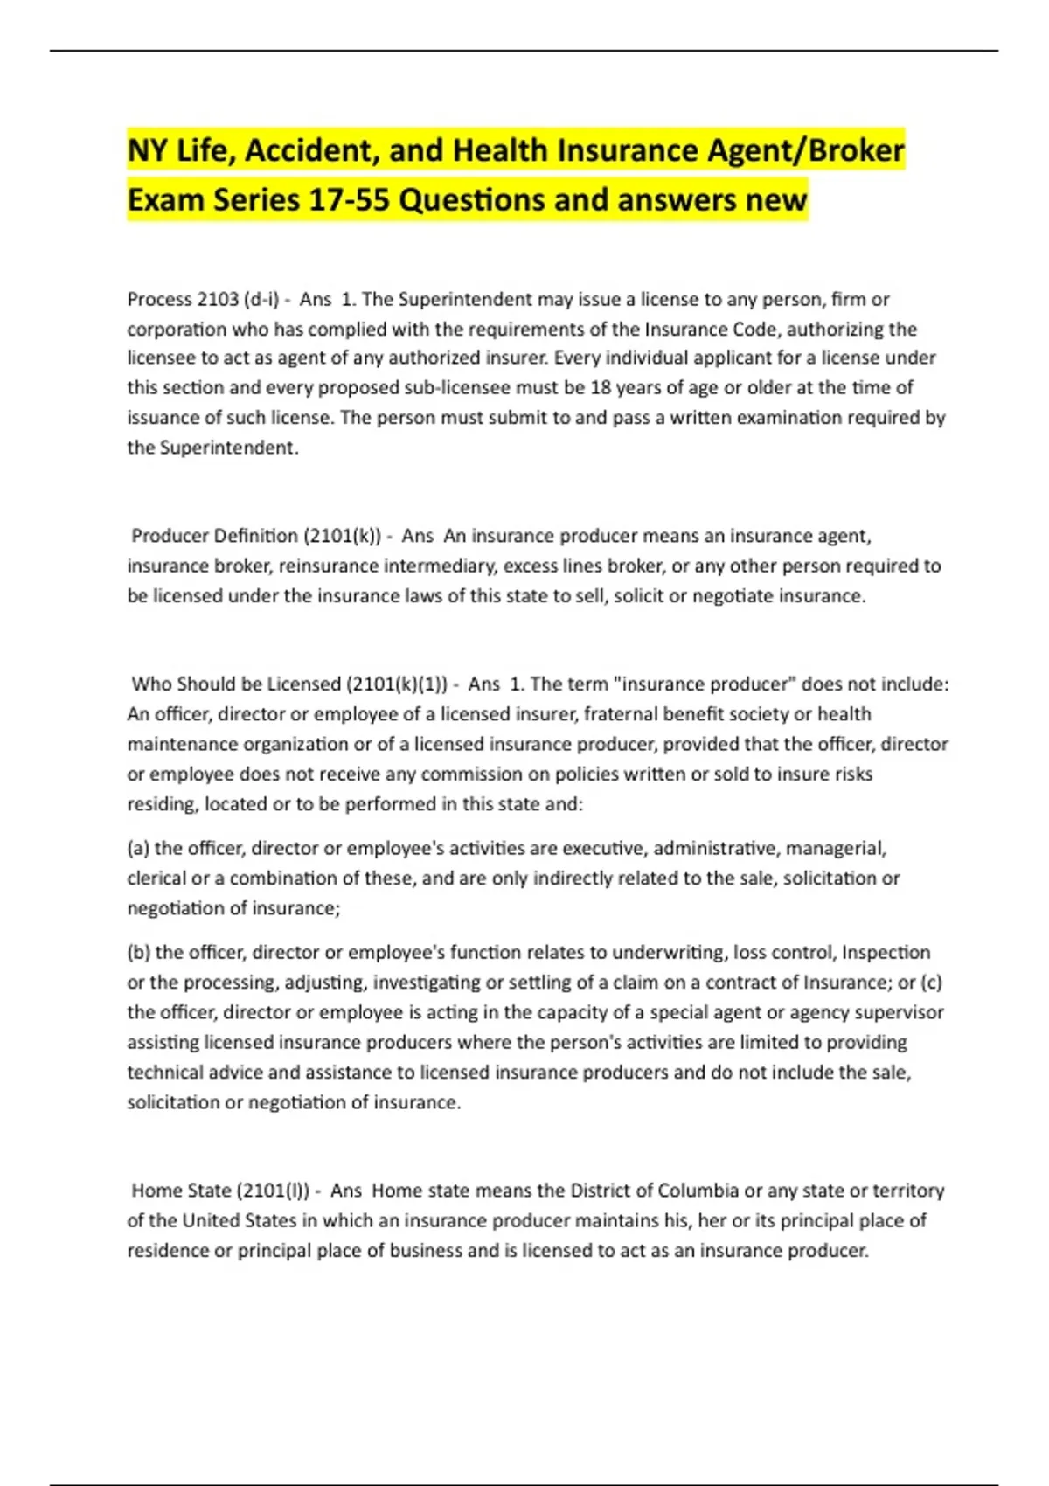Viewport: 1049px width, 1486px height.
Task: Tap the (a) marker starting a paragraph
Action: (x=138, y=848)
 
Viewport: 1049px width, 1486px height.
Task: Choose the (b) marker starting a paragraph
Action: (x=138, y=952)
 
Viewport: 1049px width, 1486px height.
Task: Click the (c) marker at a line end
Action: (x=931, y=982)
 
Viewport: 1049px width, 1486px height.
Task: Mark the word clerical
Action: (x=156, y=878)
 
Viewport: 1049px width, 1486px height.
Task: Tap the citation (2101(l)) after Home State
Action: (x=274, y=1190)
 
